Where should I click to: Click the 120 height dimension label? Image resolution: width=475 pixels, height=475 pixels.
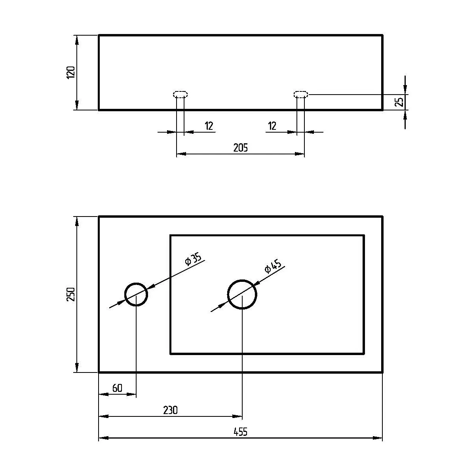tap(71, 72)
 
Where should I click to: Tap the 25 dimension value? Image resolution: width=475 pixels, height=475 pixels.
tap(399, 102)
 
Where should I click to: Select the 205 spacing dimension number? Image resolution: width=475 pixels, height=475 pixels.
tap(240, 148)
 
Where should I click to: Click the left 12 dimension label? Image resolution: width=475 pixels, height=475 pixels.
tap(209, 126)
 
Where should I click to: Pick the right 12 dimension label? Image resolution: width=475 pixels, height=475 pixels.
tap(272, 126)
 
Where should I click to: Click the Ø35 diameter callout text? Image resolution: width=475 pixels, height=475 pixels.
tap(193, 259)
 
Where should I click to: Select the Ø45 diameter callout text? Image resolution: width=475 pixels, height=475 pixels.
tap(273, 266)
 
